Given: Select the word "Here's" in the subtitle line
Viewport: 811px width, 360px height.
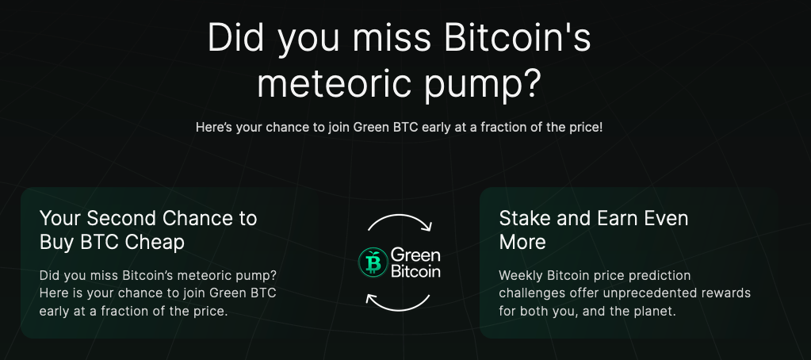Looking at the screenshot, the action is [214, 127].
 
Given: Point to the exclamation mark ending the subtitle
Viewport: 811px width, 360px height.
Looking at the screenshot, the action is [600, 127].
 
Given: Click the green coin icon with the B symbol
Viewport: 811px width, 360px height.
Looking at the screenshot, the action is [373, 262].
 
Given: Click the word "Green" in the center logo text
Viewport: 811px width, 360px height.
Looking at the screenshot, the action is [415, 255].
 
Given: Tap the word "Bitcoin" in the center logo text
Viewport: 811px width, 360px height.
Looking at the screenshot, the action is [415, 270].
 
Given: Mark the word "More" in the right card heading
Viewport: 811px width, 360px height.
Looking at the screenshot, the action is [522, 242].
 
